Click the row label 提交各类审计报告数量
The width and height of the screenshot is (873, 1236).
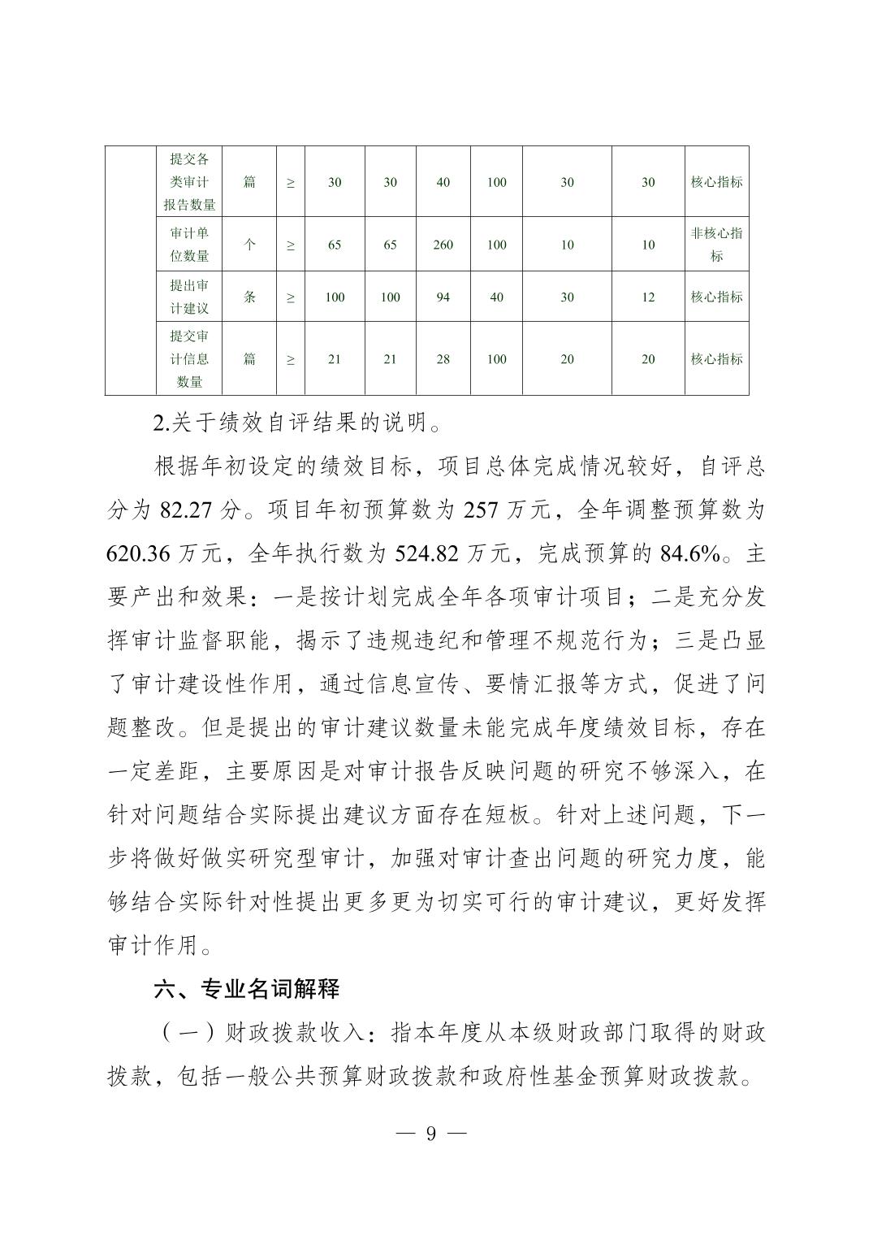189,182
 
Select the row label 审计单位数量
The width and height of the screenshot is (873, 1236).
189,245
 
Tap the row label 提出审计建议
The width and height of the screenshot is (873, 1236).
189,297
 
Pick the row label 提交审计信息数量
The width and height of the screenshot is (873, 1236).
189,359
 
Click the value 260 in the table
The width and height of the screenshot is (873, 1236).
443,245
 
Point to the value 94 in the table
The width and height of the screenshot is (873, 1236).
443,297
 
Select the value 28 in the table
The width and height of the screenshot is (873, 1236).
443,359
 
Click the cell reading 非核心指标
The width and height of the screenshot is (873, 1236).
716,245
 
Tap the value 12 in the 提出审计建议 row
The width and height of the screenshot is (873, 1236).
647,297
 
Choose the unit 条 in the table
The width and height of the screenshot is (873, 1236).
249,297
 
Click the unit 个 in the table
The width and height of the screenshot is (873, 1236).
249,245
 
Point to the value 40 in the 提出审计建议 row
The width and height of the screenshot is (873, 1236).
496,297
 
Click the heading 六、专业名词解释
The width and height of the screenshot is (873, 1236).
247,989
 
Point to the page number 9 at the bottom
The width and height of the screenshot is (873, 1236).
431,1134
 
